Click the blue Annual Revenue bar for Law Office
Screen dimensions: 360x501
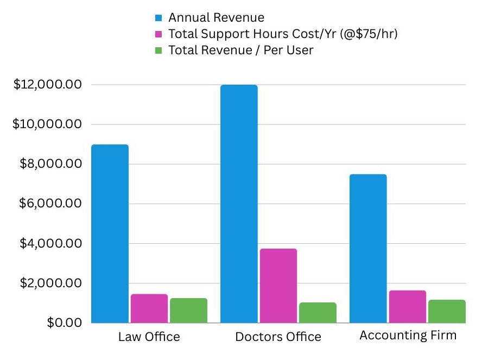(x=110, y=233)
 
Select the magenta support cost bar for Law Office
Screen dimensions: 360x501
(x=149, y=308)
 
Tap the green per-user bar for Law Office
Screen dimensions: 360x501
(x=188, y=311)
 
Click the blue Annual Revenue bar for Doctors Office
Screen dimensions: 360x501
(x=239, y=204)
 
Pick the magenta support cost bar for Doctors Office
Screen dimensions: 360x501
(x=278, y=286)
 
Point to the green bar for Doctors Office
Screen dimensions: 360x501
(x=318, y=313)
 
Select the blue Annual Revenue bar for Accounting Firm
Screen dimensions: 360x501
(x=368, y=248)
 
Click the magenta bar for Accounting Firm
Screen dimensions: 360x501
(x=408, y=307)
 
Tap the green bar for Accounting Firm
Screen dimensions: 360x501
(x=447, y=311)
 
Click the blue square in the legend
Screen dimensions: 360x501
(x=158, y=18)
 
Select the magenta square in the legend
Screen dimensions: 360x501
(x=158, y=34)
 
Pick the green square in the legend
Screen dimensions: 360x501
(x=158, y=50)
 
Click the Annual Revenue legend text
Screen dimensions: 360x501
(x=216, y=18)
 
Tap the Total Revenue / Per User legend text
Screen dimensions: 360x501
(x=241, y=50)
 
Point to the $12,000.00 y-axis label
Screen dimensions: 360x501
(x=47, y=85)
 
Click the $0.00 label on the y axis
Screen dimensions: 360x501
(x=64, y=323)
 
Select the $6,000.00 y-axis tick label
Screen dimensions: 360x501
(x=50, y=204)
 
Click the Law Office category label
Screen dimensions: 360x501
(x=149, y=337)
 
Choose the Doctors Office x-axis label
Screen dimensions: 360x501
(x=278, y=337)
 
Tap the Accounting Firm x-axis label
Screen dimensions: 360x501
(x=408, y=336)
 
